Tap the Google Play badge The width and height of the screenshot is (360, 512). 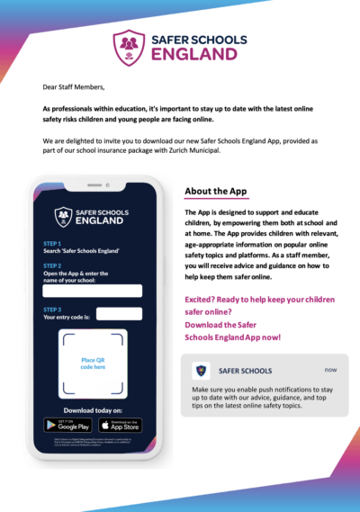point(67,425)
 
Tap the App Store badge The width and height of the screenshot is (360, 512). point(121,425)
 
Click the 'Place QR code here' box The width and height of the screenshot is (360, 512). point(94,364)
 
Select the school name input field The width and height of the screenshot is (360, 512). point(93,291)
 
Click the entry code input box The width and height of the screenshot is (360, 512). point(118,314)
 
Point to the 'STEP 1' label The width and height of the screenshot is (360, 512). point(52,243)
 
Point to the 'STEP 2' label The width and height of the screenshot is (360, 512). point(52,266)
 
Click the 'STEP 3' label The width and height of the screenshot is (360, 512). point(52,309)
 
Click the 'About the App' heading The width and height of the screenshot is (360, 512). point(215,192)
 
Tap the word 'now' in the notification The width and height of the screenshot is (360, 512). point(330,369)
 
